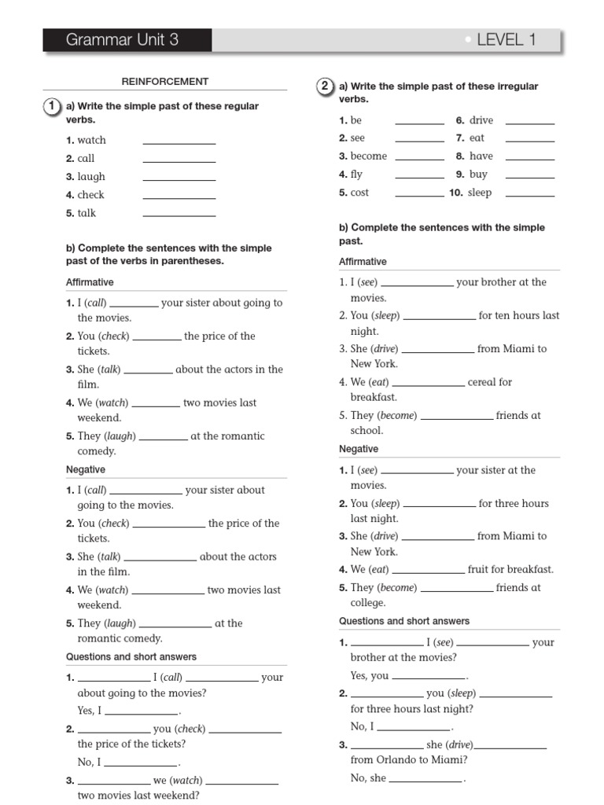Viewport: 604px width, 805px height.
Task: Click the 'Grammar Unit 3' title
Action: pyautogui.click(x=122, y=40)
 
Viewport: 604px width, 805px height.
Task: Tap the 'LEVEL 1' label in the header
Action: pyautogui.click(x=506, y=40)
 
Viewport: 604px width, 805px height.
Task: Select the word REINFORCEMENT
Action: pyautogui.click(x=164, y=81)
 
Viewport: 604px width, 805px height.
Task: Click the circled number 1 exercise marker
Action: pyautogui.click(x=52, y=106)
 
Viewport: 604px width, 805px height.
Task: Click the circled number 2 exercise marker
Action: pyautogui.click(x=325, y=86)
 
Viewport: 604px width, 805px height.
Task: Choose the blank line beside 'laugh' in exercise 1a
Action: pyautogui.click(x=179, y=178)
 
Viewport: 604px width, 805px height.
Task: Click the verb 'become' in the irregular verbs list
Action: pyautogui.click(x=368, y=156)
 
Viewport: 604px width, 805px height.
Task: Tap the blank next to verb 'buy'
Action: pyautogui.click(x=529, y=176)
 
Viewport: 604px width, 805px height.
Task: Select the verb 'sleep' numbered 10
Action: pyautogui.click(x=479, y=193)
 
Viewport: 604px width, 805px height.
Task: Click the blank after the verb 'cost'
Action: pyautogui.click(x=419, y=194)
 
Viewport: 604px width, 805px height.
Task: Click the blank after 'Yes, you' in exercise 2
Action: pyautogui.click(x=429, y=677)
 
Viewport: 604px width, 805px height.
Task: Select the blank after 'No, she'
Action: pyautogui.click(x=425, y=780)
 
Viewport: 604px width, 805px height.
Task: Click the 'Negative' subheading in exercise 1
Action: pyautogui.click(x=86, y=469)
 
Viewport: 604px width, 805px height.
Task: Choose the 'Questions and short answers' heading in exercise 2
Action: pyautogui.click(x=404, y=621)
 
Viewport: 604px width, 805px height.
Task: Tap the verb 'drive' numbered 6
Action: pyautogui.click(x=481, y=120)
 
